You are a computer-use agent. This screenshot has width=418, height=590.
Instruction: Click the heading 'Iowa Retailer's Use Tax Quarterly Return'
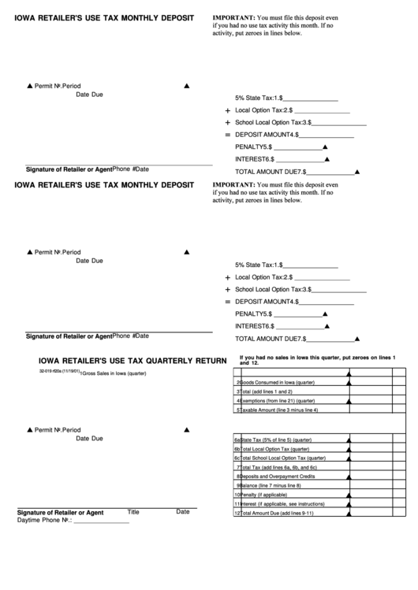pyautogui.click(x=127, y=361)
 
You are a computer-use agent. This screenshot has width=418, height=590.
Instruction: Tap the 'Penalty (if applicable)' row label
pyautogui.click(x=265, y=495)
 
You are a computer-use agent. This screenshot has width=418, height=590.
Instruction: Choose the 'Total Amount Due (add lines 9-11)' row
pyautogui.click(x=277, y=513)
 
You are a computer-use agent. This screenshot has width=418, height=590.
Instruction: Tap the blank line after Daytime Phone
pyautogui.click(x=101, y=522)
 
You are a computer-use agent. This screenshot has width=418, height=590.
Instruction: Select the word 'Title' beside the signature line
pyautogui.click(x=133, y=511)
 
